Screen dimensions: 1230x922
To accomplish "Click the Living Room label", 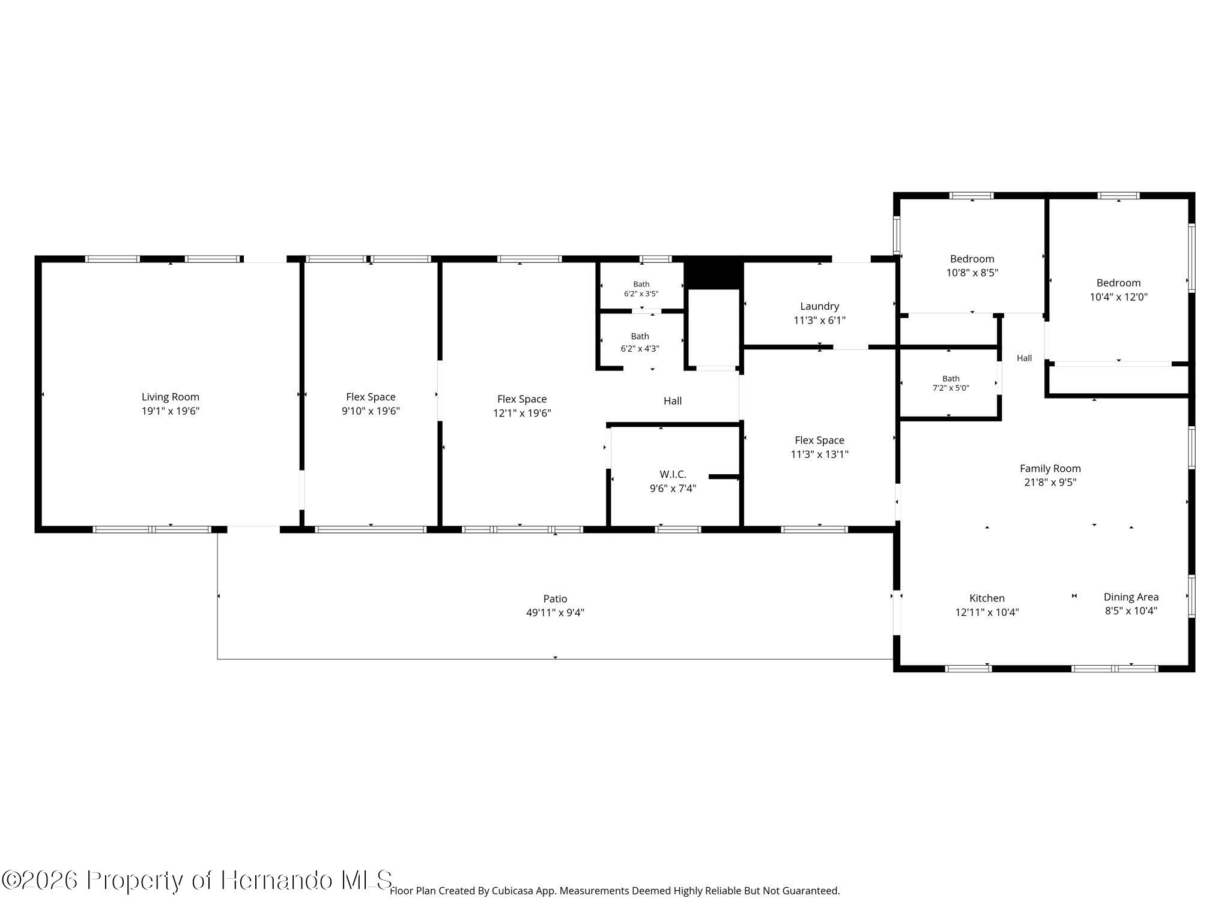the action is click(171, 397).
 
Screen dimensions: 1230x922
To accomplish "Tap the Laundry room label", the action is click(820, 306).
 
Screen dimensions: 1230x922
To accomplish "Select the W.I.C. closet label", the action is click(673, 474).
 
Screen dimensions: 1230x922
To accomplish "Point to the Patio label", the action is click(555, 598).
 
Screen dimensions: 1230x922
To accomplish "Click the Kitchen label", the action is click(987, 598).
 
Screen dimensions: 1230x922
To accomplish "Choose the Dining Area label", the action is click(1131, 597).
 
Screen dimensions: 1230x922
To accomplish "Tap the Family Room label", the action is click(1050, 469).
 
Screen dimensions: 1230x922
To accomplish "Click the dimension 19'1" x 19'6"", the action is click(171, 411).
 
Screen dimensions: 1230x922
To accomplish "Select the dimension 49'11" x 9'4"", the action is click(555, 613).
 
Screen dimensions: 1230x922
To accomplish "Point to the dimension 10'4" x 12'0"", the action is click(1118, 297).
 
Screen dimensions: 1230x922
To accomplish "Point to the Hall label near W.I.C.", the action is click(673, 401).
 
